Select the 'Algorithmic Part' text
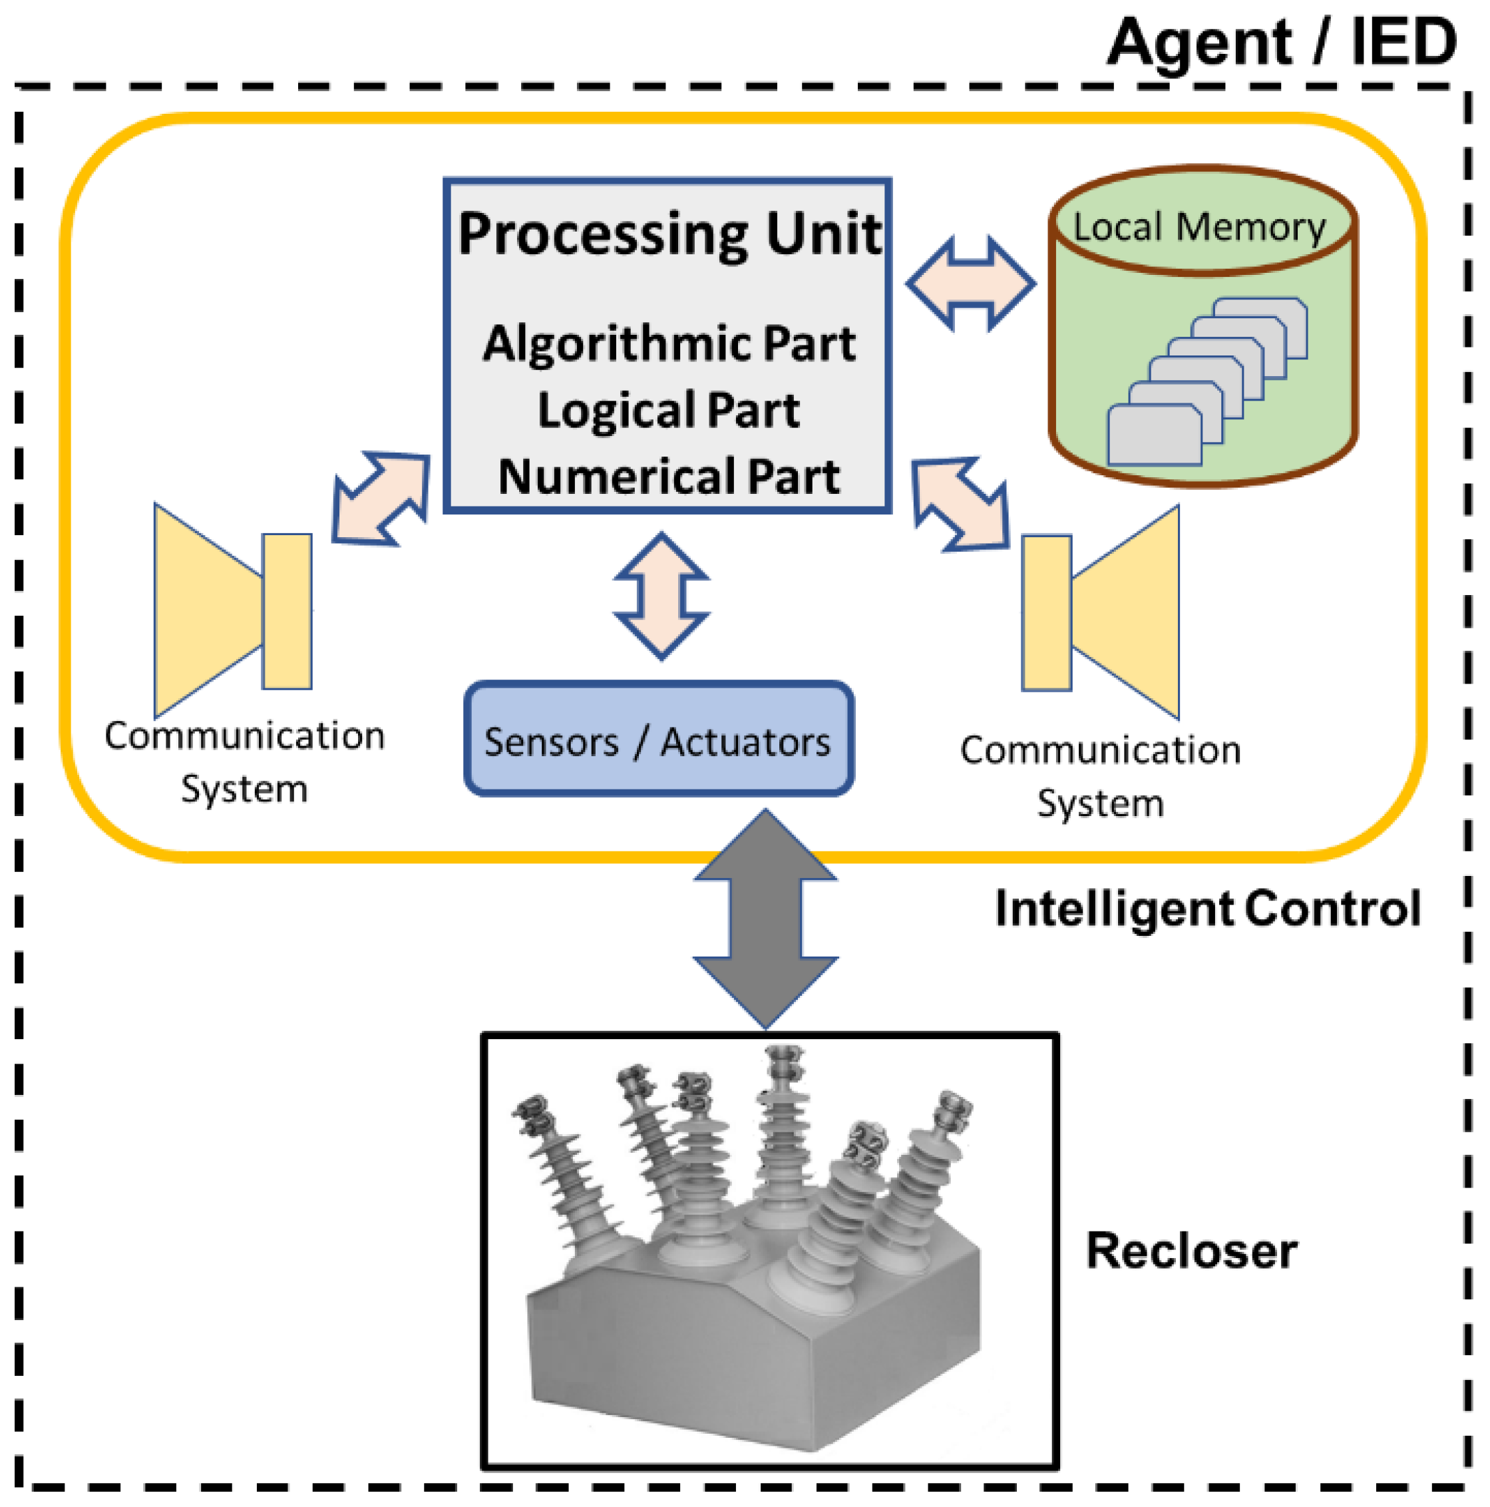point(669,343)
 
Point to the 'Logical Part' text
point(668,410)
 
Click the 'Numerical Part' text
point(669,477)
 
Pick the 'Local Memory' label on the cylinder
point(1199,228)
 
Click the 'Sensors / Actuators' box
point(659,740)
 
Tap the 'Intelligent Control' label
point(1208,909)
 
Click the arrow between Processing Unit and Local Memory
point(971,284)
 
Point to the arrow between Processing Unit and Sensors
point(662,596)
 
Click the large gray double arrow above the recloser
point(766,918)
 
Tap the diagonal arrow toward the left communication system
point(381,499)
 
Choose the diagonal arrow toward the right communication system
point(960,505)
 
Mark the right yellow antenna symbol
point(1100,612)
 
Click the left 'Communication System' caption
point(245,762)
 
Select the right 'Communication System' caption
point(1100,776)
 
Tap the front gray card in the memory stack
point(1155,435)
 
